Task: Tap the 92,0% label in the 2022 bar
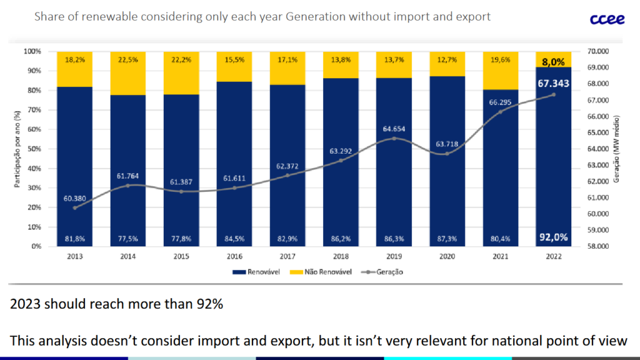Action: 554,237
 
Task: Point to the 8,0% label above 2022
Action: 554,62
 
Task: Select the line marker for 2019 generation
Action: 394,138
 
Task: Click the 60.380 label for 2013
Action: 74,198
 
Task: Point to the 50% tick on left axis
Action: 33,149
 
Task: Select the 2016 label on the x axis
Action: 234,256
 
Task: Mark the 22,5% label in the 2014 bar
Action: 127,60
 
